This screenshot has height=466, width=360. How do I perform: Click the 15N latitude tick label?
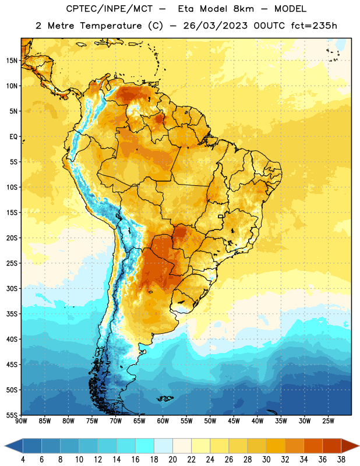click(x=12, y=61)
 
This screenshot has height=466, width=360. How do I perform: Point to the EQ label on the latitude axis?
click(x=13, y=136)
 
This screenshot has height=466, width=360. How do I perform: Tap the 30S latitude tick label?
click(x=12, y=288)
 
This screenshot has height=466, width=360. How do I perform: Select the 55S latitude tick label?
click(x=12, y=415)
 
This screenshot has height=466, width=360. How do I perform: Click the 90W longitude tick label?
click(x=22, y=421)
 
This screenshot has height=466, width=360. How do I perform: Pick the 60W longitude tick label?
click(x=163, y=421)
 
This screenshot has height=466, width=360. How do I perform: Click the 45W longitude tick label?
click(x=234, y=421)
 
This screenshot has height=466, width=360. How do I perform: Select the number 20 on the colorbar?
click(x=172, y=460)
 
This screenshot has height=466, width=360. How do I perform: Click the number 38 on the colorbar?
click(x=341, y=460)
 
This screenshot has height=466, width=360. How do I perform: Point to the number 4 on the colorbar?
click(x=23, y=460)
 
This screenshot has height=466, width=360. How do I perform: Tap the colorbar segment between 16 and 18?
click(x=145, y=446)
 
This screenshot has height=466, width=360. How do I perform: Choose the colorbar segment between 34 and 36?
click(x=313, y=446)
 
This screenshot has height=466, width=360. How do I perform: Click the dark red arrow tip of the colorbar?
click(x=359, y=446)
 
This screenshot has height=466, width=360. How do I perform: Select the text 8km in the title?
click(x=243, y=9)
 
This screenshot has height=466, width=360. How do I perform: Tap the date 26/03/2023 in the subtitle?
click(x=215, y=26)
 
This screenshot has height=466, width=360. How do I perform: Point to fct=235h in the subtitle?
click(x=314, y=26)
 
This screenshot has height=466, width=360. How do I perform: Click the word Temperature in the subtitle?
click(x=111, y=26)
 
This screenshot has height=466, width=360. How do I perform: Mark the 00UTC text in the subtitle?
click(x=269, y=26)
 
